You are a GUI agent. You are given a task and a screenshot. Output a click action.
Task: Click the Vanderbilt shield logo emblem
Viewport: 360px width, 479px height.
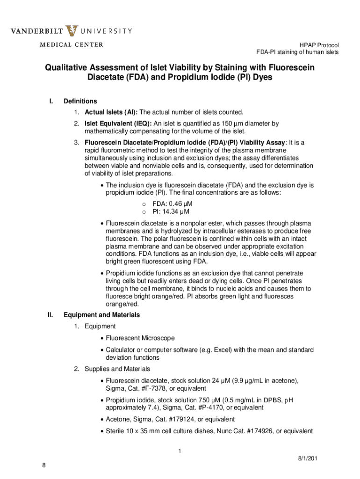[x=72, y=31]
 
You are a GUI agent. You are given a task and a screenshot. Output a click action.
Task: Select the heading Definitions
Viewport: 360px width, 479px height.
[x=80, y=101]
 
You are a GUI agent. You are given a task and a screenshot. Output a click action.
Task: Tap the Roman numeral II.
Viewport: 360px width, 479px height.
[x=50, y=315]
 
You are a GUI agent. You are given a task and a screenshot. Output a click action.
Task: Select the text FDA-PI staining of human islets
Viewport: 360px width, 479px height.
[x=297, y=52]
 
